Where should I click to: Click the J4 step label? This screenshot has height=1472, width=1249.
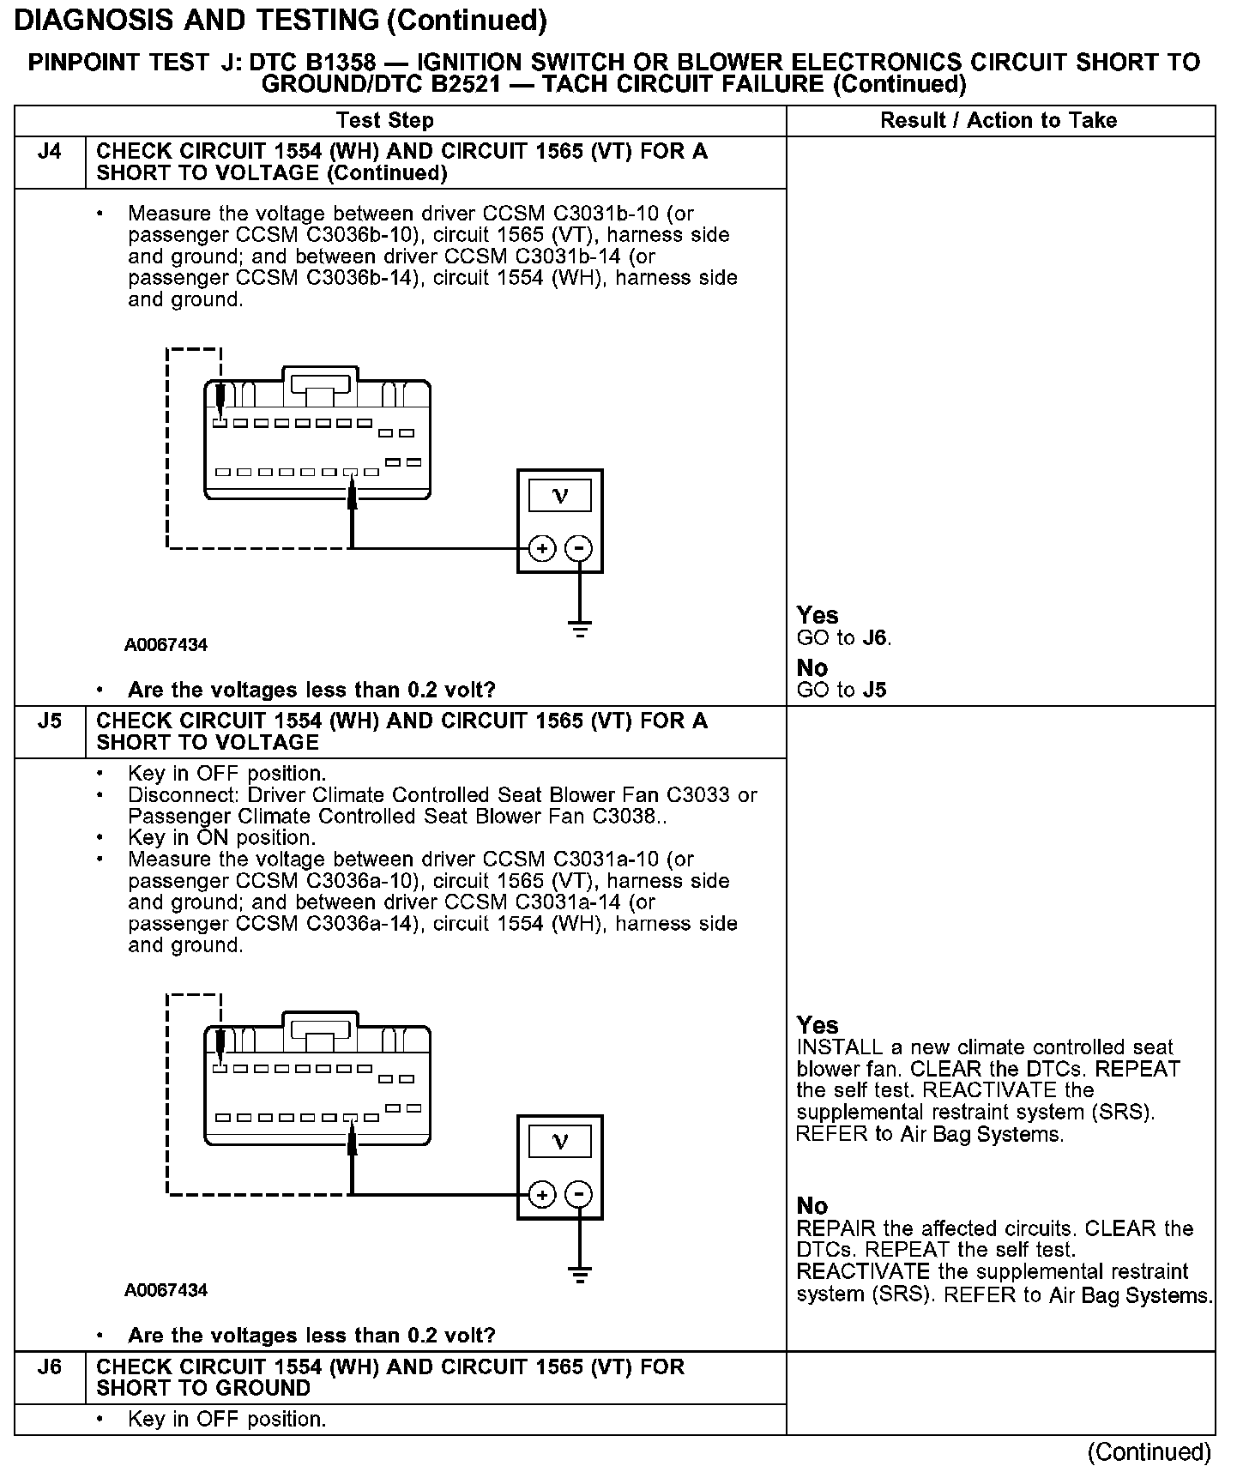[50, 153]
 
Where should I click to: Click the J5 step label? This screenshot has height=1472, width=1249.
[50, 721]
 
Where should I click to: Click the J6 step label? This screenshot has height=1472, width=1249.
[50, 1367]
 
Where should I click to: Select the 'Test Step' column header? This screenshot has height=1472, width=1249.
[384, 121]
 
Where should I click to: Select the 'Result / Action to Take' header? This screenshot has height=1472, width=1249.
[999, 121]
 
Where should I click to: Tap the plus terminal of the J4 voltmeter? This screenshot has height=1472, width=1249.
[541, 548]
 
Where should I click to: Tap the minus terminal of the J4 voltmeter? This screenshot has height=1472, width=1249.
[581, 548]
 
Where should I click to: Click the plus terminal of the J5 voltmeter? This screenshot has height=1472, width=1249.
[541, 1194]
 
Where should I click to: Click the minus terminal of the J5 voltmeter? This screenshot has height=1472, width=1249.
[581, 1194]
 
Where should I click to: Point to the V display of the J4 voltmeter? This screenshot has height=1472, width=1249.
[560, 496]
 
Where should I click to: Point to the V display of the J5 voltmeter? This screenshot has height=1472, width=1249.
[560, 1142]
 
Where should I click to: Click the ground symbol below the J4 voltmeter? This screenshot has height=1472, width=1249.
[581, 630]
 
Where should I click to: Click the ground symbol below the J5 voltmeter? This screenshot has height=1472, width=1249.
[581, 1276]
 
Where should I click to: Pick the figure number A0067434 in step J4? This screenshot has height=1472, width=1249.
[166, 645]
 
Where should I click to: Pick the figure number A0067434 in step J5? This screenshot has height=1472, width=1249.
[166, 1291]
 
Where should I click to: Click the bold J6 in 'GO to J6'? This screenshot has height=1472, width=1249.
[875, 638]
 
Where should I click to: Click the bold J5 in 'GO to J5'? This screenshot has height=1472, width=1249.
[875, 691]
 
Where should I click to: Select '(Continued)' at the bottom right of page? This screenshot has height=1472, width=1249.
[1149, 1452]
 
